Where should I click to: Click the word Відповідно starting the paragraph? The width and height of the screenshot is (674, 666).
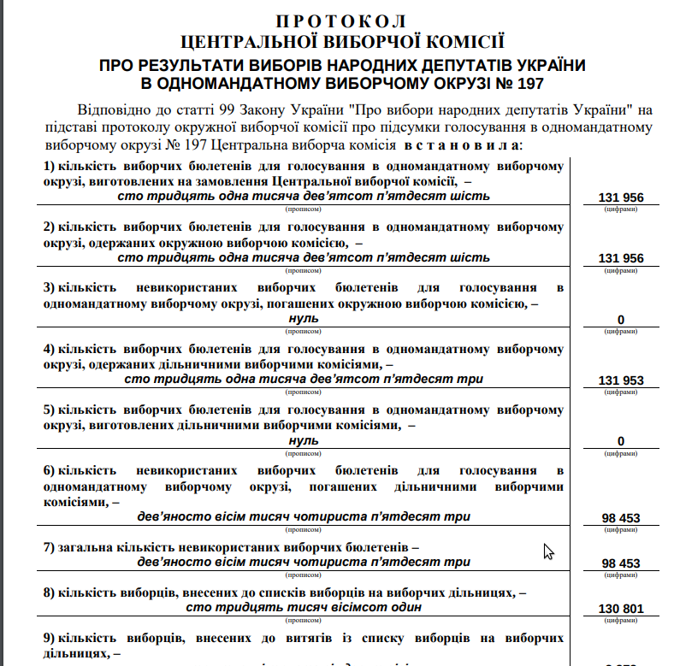pos(115,110)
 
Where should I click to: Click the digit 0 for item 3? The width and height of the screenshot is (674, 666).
pos(621,320)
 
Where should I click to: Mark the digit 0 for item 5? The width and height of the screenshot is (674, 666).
pos(621,441)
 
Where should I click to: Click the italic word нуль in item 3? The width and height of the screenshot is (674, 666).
pos(304,318)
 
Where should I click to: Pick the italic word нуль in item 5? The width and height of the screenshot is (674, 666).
pos(304,439)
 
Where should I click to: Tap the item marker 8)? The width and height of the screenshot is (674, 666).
pos(50,592)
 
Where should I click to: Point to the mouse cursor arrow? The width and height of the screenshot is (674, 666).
pos(548,551)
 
